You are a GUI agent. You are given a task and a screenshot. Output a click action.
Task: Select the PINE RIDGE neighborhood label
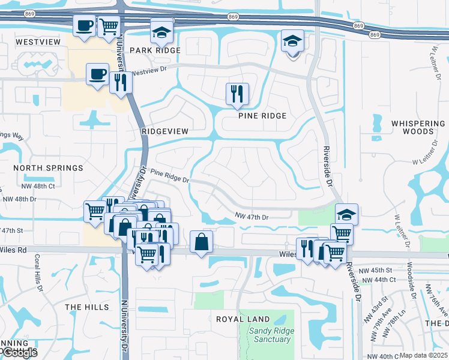point(262,115)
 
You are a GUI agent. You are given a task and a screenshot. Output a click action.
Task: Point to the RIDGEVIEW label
point(165,131)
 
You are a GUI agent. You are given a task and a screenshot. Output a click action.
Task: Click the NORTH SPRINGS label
point(48,168)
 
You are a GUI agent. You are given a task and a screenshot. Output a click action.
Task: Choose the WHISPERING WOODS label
point(418,127)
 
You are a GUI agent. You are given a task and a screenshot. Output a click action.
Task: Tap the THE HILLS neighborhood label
point(87,307)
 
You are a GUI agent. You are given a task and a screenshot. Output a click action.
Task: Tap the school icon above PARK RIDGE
point(161,32)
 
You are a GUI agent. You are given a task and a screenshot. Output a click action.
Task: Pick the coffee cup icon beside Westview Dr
point(97,74)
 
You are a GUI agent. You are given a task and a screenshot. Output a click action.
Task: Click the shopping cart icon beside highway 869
point(108,26)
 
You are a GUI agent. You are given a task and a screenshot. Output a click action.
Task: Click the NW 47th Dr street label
point(252,216)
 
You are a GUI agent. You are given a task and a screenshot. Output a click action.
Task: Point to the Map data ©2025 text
point(423,355)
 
